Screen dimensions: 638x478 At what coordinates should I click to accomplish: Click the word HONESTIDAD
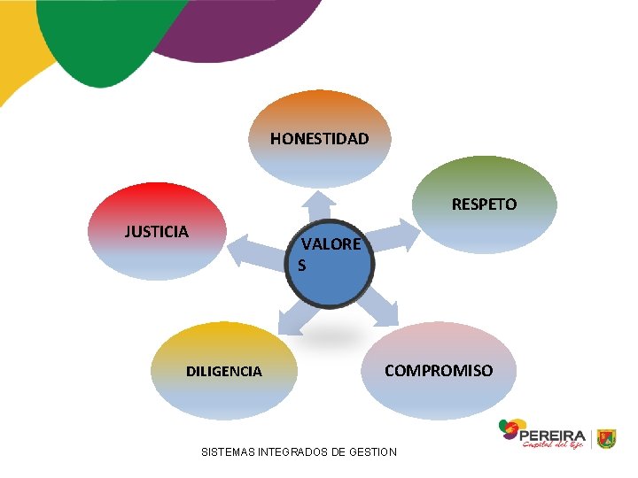click(x=319, y=139)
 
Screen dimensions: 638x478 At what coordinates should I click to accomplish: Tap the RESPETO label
click(x=484, y=204)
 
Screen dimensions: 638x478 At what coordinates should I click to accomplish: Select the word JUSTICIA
click(x=156, y=232)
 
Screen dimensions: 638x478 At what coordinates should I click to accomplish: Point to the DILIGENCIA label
click(x=223, y=372)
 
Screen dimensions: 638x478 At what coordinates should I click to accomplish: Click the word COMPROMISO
click(x=439, y=370)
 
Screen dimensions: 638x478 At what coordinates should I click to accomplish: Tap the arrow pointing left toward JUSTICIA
click(x=253, y=253)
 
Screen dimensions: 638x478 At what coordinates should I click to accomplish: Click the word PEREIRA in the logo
click(x=553, y=436)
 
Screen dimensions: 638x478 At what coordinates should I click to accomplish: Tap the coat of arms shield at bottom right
click(x=606, y=438)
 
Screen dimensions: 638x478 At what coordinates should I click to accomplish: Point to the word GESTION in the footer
click(x=372, y=452)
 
